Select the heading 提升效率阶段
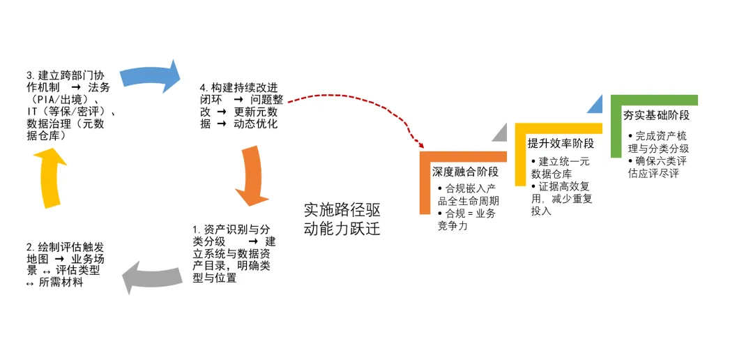(561, 143)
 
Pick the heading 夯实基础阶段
(656, 115)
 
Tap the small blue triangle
(594, 105)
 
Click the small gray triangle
(501, 133)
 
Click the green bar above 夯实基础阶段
(654, 100)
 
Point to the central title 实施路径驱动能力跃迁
(342, 219)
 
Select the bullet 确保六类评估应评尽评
(656, 167)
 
